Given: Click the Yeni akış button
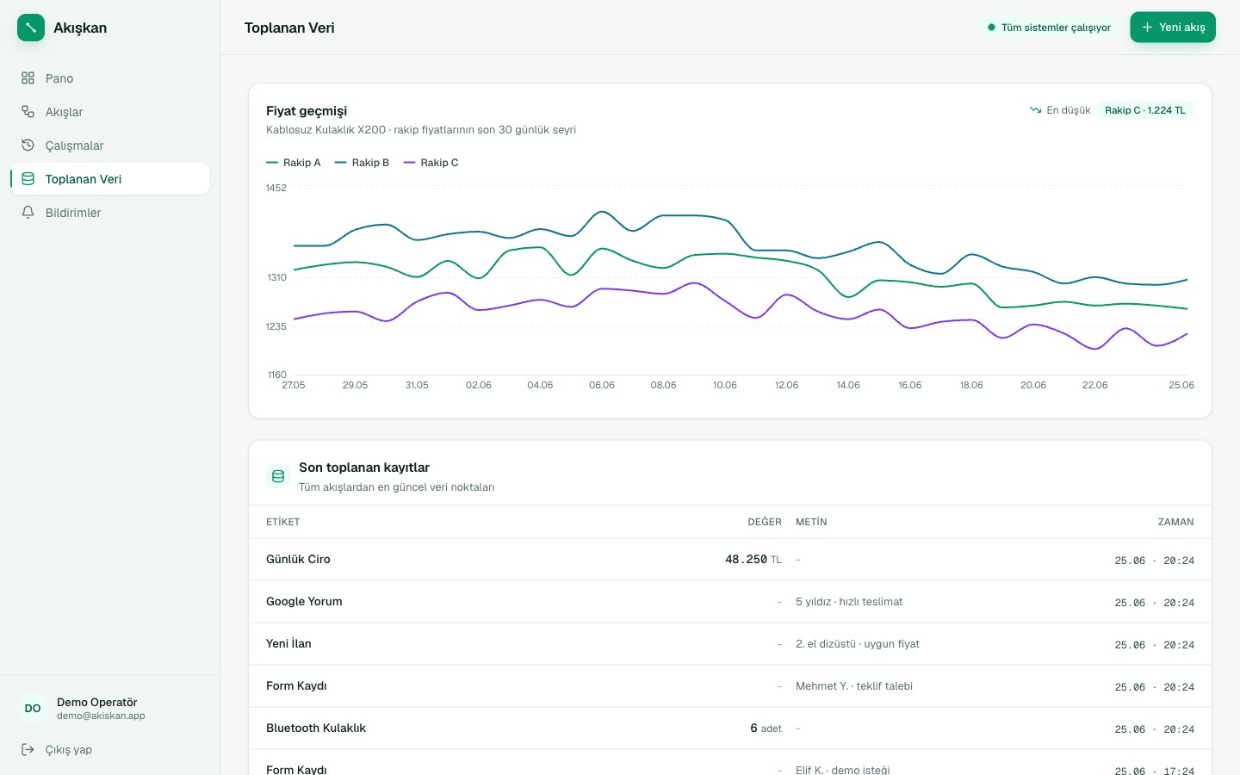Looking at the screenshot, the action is tap(1173, 28).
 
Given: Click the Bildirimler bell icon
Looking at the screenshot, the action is tap(28, 213).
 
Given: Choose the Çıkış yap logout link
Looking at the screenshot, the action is tap(57, 749).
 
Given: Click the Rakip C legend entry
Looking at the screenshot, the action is tap(431, 163).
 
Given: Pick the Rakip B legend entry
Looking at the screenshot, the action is tap(362, 163).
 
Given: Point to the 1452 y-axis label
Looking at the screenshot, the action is tap(276, 189).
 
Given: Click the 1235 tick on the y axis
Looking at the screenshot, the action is tap(276, 326).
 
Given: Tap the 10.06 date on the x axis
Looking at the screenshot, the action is tap(725, 385).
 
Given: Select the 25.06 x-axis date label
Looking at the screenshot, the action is tap(1181, 385).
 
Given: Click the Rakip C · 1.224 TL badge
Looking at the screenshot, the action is tap(1144, 110).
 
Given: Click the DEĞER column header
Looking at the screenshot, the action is tap(765, 522).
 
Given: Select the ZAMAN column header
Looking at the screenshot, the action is tap(1175, 522).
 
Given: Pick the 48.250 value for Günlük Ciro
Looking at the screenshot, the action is tap(746, 560).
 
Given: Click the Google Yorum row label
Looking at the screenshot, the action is tap(304, 602).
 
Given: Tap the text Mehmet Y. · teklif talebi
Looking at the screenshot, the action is tap(854, 686).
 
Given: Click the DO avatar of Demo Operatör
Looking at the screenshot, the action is tap(33, 709).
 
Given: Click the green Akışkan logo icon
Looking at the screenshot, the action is tap(31, 28).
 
